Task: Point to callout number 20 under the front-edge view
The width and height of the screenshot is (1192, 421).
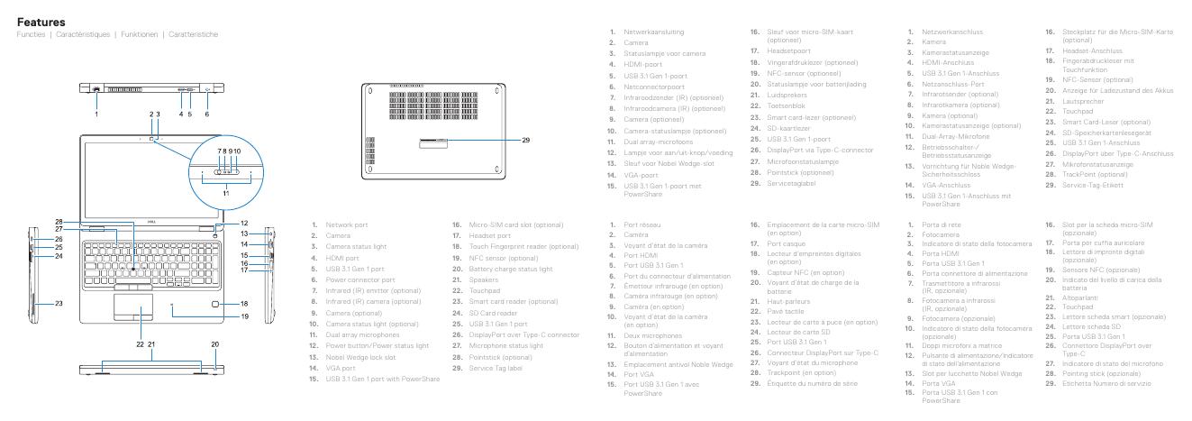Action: (215, 343)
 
